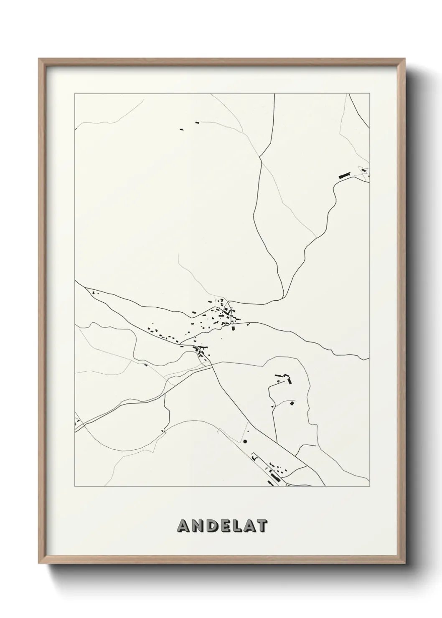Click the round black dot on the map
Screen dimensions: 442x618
pos(245,441)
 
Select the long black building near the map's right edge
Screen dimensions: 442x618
pos(344,175)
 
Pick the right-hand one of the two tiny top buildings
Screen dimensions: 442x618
pos(197,123)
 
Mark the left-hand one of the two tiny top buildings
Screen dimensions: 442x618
pos(181,129)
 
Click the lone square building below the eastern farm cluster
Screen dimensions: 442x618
pos(292,403)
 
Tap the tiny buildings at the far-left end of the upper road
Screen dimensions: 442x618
pos(94,292)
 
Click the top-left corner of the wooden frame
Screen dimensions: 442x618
pos(39,59)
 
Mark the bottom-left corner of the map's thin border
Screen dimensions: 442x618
pos(75,487)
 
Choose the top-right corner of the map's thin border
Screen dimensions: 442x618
pos(369,94)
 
